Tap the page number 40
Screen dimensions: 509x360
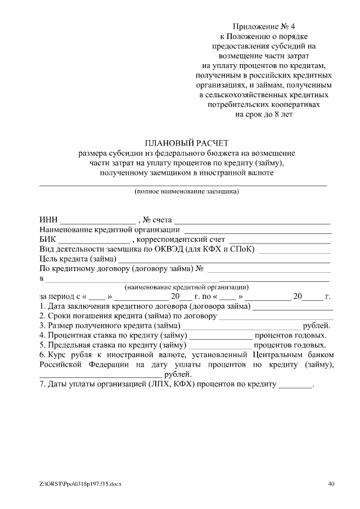(x=331, y=483)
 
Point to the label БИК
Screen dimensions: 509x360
(x=48, y=240)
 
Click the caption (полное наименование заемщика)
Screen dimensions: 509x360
(x=186, y=192)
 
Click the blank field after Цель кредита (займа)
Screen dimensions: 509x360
(x=223, y=259)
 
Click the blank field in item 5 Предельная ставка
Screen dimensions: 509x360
(x=220, y=345)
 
